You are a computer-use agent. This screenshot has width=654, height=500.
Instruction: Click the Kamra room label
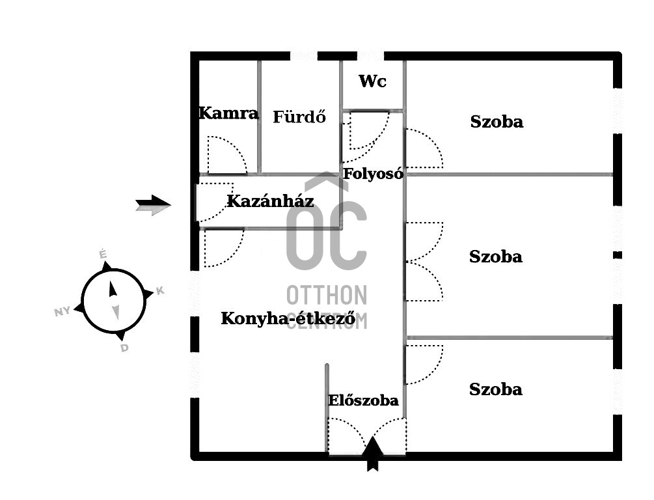pyautogui.click(x=228, y=113)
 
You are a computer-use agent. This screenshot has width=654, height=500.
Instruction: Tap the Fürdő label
pyautogui.click(x=299, y=117)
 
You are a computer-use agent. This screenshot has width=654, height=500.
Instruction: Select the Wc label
pyautogui.click(x=372, y=81)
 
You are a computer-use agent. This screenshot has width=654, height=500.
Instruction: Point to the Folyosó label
pyautogui.click(x=373, y=174)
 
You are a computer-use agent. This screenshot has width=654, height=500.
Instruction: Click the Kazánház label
pyautogui.click(x=270, y=201)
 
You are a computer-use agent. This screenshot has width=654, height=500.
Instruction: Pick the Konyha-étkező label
pyautogui.click(x=288, y=318)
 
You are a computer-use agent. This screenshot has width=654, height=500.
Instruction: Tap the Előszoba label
pyautogui.click(x=363, y=400)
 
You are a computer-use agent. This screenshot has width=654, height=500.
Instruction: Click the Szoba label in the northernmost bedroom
pyautogui.click(x=497, y=122)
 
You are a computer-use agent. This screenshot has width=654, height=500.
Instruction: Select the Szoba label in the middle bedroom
pyautogui.click(x=495, y=257)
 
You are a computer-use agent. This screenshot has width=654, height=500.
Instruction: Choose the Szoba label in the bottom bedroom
pyautogui.click(x=495, y=389)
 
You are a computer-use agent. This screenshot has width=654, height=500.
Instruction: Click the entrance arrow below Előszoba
pyautogui.click(x=373, y=454)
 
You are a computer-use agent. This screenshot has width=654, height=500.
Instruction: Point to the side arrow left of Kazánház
pyautogui.click(x=153, y=205)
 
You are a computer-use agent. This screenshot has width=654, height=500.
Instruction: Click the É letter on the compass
pyautogui.click(x=103, y=254)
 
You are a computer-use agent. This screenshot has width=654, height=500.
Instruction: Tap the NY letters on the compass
pyautogui.click(x=62, y=311)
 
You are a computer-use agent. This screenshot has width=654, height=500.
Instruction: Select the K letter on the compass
pyautogui.click(x=160, y=291)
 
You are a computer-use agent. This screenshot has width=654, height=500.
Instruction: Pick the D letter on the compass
pyautogui.click(x=124, y=348)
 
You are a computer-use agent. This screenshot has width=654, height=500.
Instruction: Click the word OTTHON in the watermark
pyautogui.click(x=327, y=295)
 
